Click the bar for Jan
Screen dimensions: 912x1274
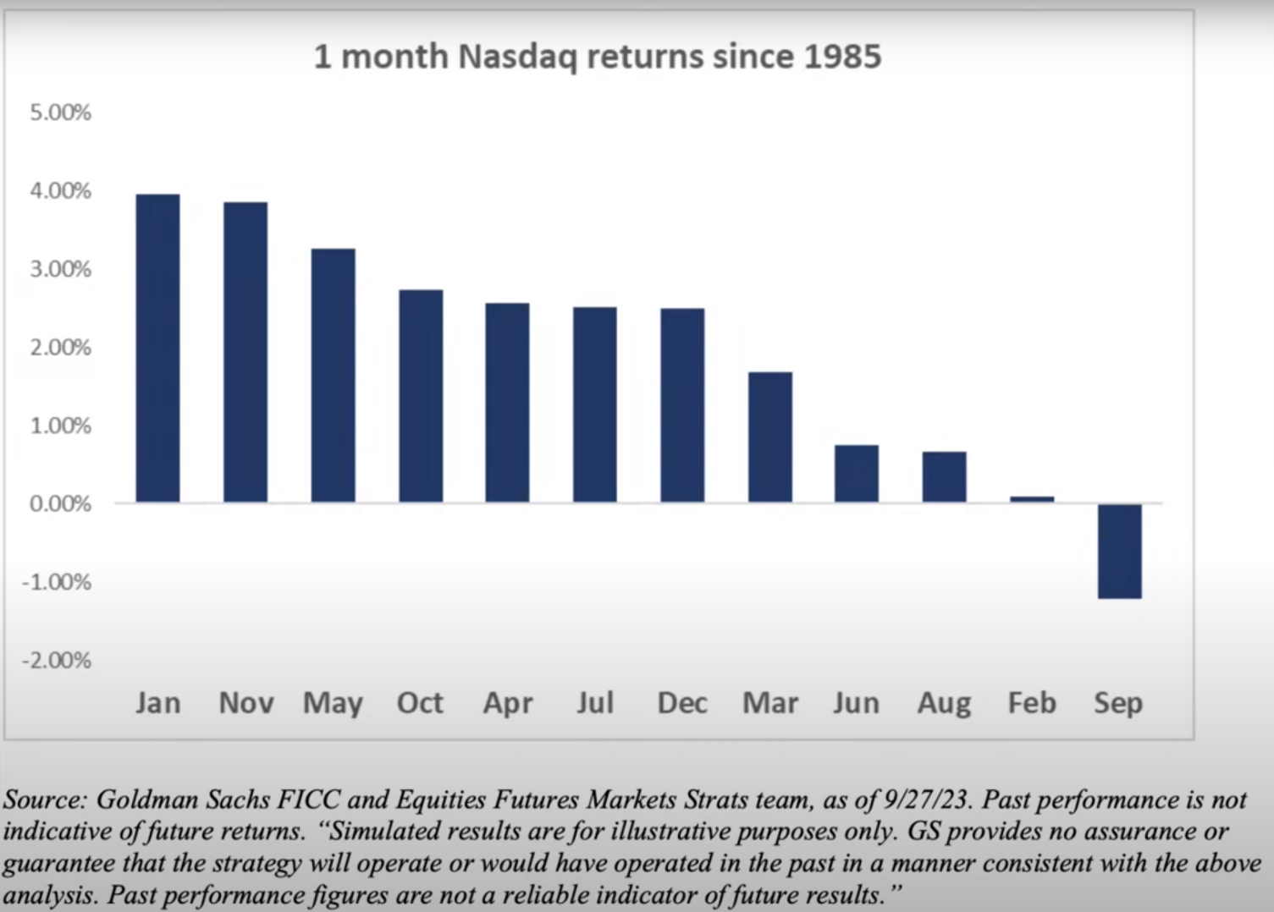coord(157,349)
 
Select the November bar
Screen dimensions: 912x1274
coord(245,352)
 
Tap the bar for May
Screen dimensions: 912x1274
coord(333,376)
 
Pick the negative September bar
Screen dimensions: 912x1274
coord(1119,551)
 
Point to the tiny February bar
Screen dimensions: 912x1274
coord(1032,499)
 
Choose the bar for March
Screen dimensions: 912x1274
coord(770,437)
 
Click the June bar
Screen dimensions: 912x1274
coord(857,474)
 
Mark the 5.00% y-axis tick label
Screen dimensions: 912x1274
coord(60,113)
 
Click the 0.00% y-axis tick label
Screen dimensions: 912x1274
coord(60,504)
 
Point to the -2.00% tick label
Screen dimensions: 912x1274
coord(57,660)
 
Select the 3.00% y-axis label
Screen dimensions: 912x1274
coord(60,269)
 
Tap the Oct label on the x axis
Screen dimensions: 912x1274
coord(420,703)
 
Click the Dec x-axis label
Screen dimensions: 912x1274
coord(682,703)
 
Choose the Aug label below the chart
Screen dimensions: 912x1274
coord(944,703)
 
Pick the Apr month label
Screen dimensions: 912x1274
coord(508,703)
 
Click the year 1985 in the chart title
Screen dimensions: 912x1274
coord(842,57)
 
